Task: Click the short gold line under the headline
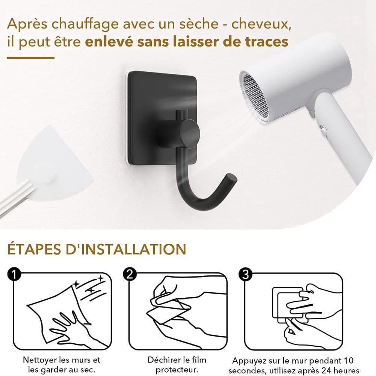30,57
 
